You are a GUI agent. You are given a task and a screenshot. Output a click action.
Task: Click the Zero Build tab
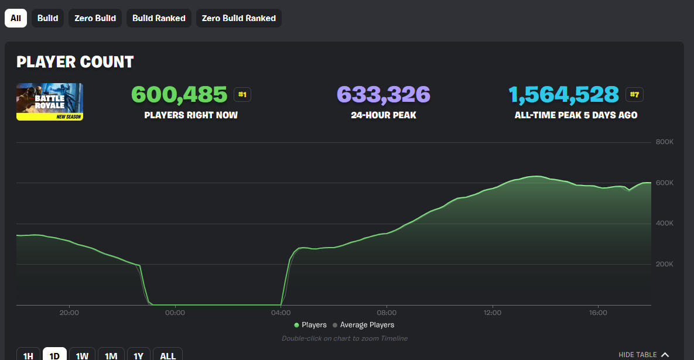[95, 18]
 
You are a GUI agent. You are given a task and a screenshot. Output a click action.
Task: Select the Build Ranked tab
[159, 18]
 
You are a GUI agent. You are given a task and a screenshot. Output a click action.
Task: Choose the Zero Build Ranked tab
[238, 18]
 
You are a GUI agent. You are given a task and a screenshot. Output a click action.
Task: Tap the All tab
[16, 18]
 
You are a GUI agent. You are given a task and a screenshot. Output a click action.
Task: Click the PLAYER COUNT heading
[75, 62]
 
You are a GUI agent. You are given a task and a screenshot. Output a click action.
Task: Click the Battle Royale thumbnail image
[50, 102]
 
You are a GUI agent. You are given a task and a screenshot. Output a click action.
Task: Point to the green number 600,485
[179, 94]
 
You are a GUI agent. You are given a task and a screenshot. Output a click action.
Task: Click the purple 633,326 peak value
[383, 94]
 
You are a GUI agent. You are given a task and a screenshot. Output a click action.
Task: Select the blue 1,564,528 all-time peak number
[563, 94]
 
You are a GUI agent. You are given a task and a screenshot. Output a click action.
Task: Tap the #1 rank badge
[242, 95]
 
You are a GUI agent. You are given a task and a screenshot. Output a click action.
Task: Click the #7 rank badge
[634, 95]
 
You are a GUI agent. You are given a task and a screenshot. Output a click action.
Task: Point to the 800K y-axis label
[664, 142]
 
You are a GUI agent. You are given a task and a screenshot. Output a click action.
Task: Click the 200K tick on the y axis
[664, 264]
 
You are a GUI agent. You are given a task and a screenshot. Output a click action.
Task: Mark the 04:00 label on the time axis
[281, 313]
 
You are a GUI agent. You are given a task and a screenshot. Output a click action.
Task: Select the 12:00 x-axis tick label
[493, 313]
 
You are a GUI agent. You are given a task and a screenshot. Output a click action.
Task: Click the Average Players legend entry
[363, 325]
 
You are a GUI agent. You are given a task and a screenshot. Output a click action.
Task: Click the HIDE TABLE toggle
[643, 355]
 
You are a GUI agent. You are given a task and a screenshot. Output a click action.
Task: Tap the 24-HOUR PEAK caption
[383, 115]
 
